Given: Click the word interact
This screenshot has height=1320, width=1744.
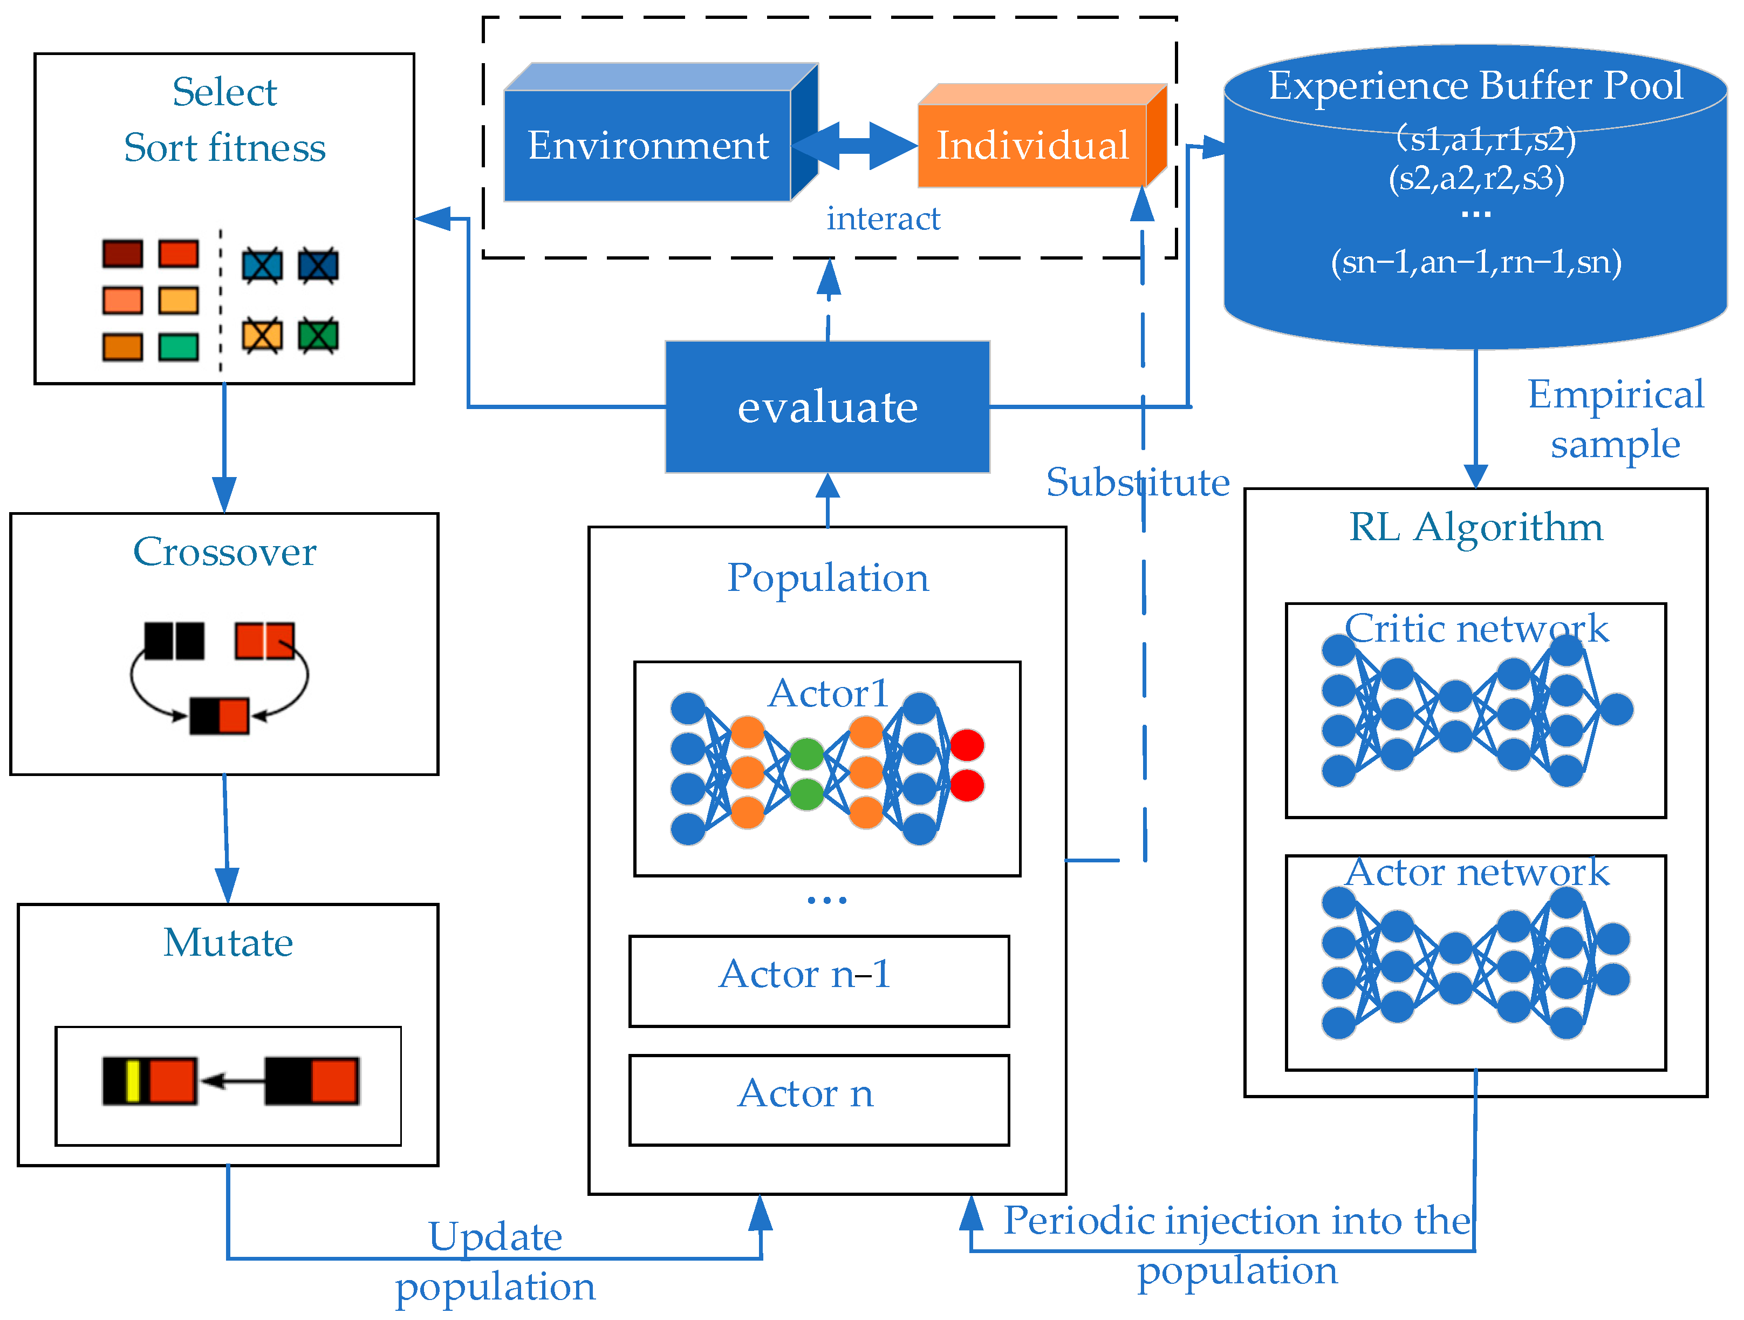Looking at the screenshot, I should (x=883, y=219).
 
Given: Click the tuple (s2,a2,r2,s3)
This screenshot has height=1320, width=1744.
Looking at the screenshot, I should (x=1476, y=178).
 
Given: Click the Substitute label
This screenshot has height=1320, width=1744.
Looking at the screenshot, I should (x=1137, y=482).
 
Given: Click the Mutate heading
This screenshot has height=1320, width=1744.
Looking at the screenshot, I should (x=228, y=942).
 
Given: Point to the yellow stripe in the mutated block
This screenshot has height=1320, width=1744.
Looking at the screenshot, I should (x=133, y=1081).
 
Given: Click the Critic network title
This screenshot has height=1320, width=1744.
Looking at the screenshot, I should (x=1476, y=629).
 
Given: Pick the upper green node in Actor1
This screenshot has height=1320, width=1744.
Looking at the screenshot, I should (x=806, y=754).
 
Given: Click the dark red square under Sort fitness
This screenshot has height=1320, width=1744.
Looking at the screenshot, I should (x=123, y=254).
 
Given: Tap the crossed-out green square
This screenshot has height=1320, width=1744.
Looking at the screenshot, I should (x=318, y=336).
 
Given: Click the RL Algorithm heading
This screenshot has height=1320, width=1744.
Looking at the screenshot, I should (x=1476, y=527).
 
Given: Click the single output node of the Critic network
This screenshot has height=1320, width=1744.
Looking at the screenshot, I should (x=1616, y=710).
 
